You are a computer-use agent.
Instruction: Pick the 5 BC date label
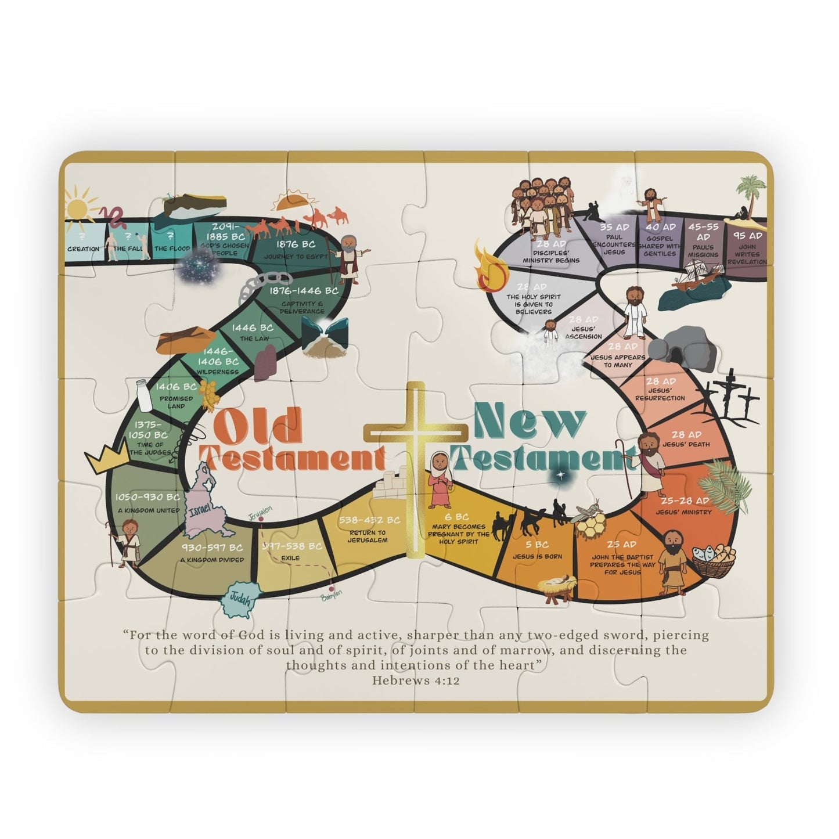537,545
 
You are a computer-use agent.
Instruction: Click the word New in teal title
530,423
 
